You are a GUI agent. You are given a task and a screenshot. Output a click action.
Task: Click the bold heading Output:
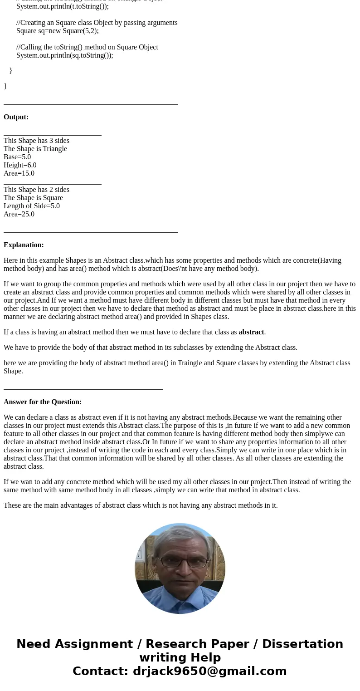pyautogui.click(x=16, y=117)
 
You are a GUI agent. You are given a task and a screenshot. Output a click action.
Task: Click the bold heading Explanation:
pyautogui.click(x=24, y=245)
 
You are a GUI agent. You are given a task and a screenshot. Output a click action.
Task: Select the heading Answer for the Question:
pyautogui.click(x=43, y=402)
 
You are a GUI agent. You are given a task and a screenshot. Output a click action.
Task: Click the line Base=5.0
pyautogui.click(x=17, y=157)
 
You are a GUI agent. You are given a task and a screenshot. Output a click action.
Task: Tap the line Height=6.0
pyautogui.click(x=20, y=165)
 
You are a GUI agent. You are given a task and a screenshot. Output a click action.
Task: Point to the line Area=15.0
pyautogui.click(x=19, y=173)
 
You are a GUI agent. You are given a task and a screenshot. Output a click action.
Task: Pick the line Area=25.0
pyautogui.click(x=19, y=214)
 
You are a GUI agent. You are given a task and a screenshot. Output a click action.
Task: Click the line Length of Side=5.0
pyautogui.click(x=32, y=206)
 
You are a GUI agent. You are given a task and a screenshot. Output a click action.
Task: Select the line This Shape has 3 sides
pyautogui.click(x=36, y=141)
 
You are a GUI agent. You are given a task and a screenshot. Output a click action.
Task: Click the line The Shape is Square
pyautogui.click(x=33, y=198)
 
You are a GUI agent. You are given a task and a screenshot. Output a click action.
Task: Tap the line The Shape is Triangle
pyautogui.click(x=35, y=149)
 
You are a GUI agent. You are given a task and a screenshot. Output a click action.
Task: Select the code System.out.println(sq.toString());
pyautogui.click(x=64, y=55)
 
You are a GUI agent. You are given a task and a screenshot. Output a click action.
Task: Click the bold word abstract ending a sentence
pyautogui.click(x=251, y=332)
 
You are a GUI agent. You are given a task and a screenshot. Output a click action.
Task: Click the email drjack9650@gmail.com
pyautogui.click(x=209, y=671)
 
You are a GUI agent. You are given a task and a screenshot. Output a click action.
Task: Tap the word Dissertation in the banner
pyautogui.click(x=302, y=644)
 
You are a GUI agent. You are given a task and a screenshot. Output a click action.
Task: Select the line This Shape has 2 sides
pyautogui.click(x=36, y=190)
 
